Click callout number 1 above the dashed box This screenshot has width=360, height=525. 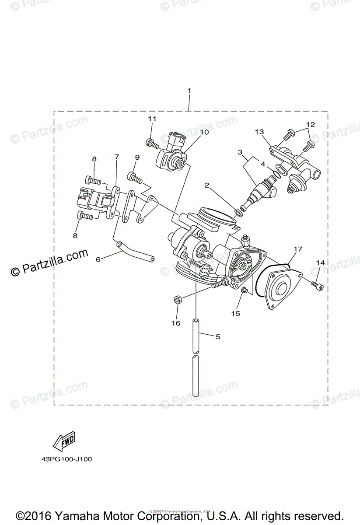(189, 91)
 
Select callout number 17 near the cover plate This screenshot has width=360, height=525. (297, 249)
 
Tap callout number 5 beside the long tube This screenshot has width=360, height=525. (217, 336)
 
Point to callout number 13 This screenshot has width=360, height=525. (259, 132)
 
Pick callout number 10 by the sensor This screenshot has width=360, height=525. (205, 132)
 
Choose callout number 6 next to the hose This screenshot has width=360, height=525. (98, 259)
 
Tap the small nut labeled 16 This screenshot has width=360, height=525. (178, 299)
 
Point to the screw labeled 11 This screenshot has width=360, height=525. (151, 142)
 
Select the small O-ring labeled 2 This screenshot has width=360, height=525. (238, 212)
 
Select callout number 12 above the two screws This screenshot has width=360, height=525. (311, 124)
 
